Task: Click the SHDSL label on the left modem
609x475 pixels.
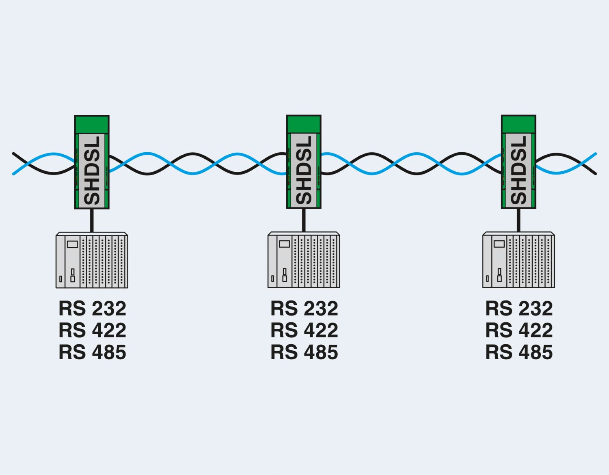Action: [92, 171]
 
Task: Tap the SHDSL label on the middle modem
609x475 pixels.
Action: [304, 171]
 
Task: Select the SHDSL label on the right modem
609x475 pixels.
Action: [518, 171]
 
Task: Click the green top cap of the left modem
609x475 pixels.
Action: [92, 124]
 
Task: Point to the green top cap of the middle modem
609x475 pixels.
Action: [304, 124]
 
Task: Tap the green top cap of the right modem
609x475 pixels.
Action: [518, 124]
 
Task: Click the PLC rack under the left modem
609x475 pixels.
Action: [92, 260]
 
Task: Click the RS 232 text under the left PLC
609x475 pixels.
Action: [93, 309]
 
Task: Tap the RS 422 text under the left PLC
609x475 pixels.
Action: [93, 330]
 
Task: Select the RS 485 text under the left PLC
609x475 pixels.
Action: [93, 352]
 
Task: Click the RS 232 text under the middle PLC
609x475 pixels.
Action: [304, 309]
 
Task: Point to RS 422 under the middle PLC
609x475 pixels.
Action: [304, 330]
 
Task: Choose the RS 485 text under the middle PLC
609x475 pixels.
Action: [304, 352]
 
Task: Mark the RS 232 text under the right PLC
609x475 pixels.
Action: [519, 309]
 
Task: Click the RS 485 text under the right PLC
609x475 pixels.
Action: [519, 352]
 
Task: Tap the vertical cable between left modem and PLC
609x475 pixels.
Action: [92, 220]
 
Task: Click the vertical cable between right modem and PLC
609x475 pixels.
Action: [518, 220]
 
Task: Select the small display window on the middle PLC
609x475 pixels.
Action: [285, 244]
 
